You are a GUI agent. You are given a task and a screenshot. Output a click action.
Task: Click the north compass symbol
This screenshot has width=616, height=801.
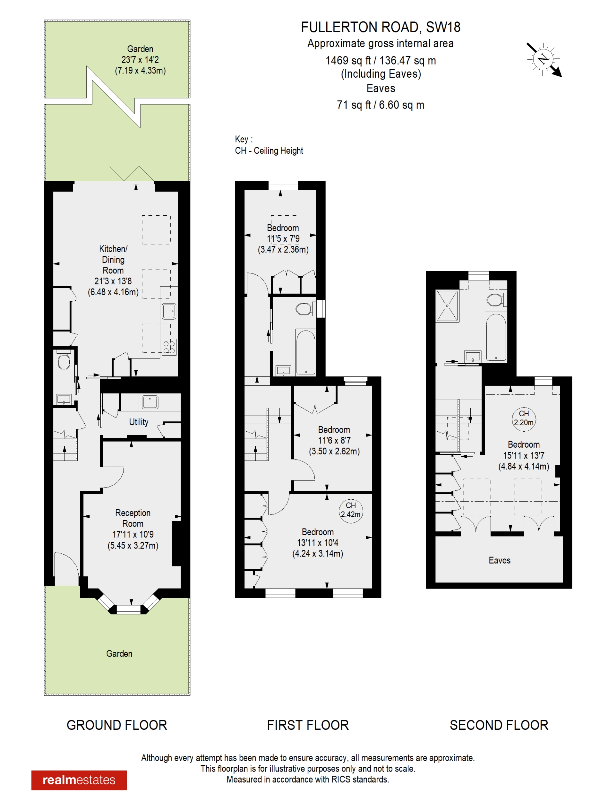click(543, 59)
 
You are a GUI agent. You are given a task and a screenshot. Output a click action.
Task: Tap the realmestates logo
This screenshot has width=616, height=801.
click(79, 780)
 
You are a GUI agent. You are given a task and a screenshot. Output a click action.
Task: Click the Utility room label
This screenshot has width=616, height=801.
click(139, 422)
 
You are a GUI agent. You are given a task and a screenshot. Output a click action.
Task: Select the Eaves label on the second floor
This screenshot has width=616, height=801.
click(500, 560)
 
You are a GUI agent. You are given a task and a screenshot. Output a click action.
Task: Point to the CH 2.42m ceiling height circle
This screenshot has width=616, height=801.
click(351, 510)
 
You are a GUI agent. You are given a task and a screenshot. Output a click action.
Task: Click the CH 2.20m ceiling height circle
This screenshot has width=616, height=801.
click(524, 418)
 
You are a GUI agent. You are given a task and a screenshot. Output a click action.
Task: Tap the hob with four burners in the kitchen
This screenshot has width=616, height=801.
click(169, 347)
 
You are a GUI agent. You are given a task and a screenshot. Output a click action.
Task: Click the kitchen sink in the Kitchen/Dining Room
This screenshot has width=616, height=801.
click(169, 311)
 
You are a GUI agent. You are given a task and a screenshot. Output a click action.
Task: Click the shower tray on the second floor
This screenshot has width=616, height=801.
click(447, 306)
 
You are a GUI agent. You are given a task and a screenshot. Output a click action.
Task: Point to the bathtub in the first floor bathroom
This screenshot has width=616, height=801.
click(305, 352)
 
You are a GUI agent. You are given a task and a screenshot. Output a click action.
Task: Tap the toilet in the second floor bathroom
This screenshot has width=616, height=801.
click(495, 300)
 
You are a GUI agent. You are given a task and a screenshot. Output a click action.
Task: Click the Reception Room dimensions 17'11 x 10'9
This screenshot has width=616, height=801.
click(133, 534)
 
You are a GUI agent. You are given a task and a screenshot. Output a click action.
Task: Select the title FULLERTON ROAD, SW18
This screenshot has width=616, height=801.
click(381, 27)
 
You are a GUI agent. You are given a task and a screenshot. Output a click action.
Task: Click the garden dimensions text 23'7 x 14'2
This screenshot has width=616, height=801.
click(140, 59)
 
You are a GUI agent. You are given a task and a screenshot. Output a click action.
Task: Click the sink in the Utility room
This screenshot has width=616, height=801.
click(150, 402)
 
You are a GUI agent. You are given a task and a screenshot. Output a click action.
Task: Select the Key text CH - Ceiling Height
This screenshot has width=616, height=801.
click(269, 151)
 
